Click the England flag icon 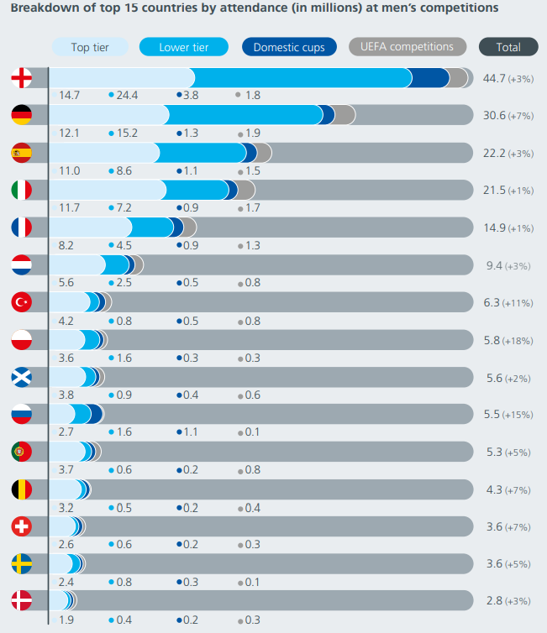(21, 79)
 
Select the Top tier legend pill (90, 47)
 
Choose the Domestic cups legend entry (289, 47)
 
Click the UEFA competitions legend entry (407, 47)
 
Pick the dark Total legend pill (508, 47)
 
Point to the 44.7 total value (495, 79)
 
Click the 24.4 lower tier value (128, 96)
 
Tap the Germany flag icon (21, 116)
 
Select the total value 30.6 (495, 116)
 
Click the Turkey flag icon (21, 302)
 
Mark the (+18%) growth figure (519, 340)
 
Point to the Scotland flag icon (21, 377)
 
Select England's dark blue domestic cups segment (430, 79)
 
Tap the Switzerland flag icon (21, 526)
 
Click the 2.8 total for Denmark (493, 601)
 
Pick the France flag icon (21, 228)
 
